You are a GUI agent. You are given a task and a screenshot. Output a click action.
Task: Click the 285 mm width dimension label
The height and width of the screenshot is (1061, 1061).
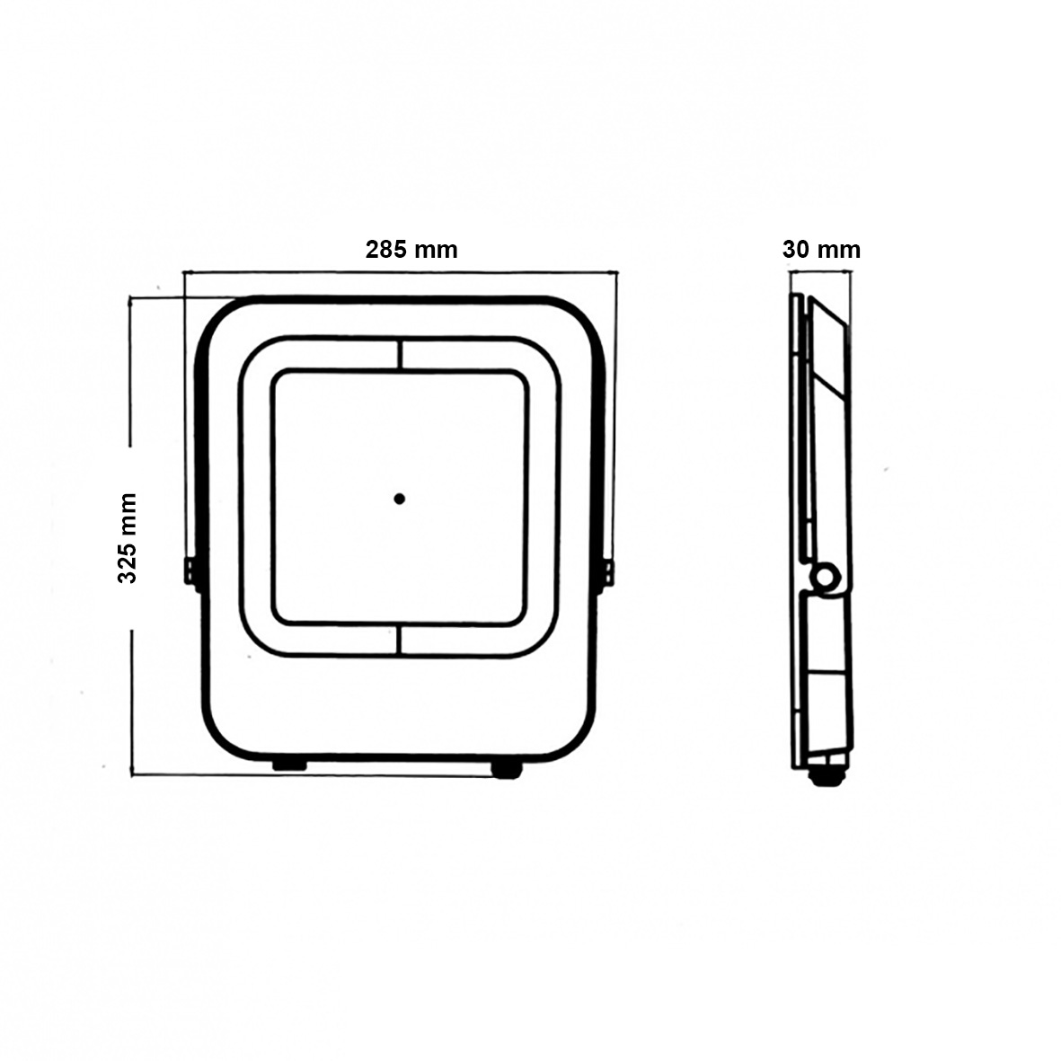click(411, 250)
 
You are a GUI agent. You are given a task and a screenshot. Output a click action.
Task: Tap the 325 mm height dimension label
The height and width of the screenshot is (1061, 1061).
click(128, 539)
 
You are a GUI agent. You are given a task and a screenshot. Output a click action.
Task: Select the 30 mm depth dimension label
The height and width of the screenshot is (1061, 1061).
click(821, 250)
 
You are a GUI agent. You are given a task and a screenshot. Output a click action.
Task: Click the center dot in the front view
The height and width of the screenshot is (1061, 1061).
click(399, 499)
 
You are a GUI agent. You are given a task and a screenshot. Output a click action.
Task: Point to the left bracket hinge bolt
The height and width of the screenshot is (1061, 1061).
click(190, 570)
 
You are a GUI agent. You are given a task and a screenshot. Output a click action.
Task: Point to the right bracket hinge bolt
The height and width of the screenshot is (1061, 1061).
click(609, 571)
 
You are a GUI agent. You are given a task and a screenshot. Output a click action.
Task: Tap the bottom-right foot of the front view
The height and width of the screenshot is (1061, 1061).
click(507, 769)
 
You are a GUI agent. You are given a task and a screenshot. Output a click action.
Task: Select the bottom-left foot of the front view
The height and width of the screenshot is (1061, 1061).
click(289, 765)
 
